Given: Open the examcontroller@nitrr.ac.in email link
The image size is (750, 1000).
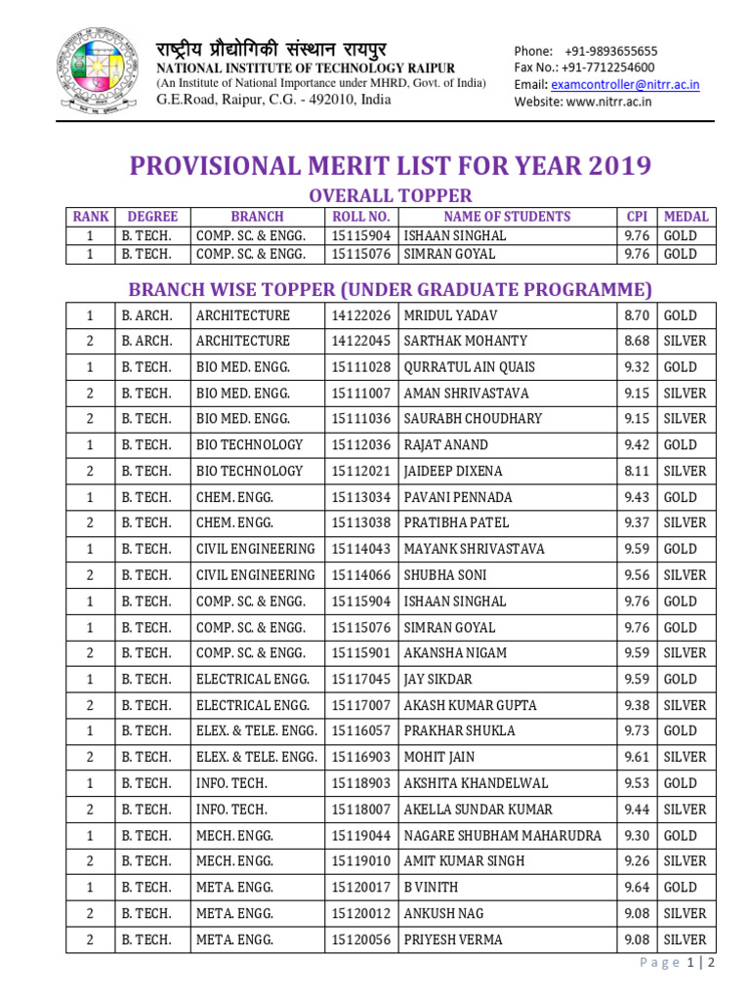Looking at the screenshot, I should tap(624, 85).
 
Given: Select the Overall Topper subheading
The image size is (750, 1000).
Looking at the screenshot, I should tap(390, 195).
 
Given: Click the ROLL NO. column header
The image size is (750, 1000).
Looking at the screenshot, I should tap(360, 217).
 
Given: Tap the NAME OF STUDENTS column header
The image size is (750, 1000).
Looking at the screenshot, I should tap(507, 217).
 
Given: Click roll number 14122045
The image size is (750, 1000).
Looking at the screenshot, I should tap(360, 341).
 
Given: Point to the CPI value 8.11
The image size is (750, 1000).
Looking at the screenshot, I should tap(636, 471).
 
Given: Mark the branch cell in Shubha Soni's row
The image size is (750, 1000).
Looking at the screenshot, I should tap(256, 575).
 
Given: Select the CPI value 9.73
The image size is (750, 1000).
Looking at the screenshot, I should tap(636, 730).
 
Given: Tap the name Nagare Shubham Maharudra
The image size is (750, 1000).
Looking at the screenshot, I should tap(503, 835).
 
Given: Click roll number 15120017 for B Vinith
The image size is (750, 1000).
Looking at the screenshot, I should tap(360, 887).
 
